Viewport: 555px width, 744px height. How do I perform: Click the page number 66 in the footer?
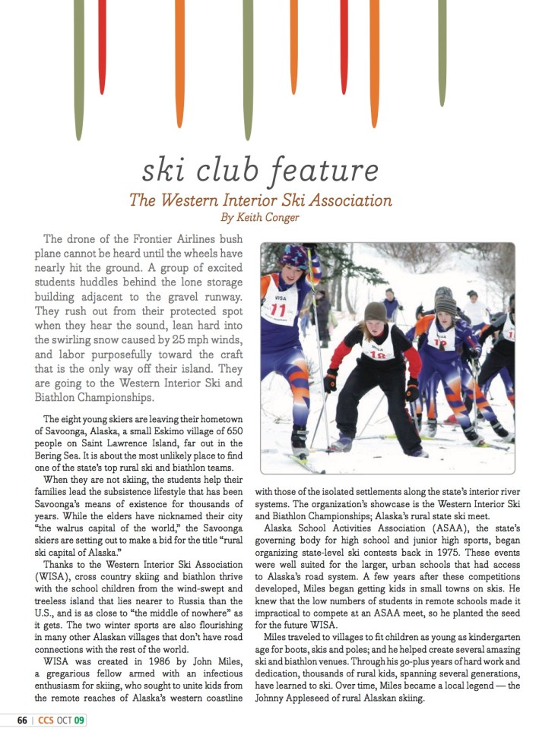coord(23,720)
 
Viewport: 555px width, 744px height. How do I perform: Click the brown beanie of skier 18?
coord(375,311)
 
